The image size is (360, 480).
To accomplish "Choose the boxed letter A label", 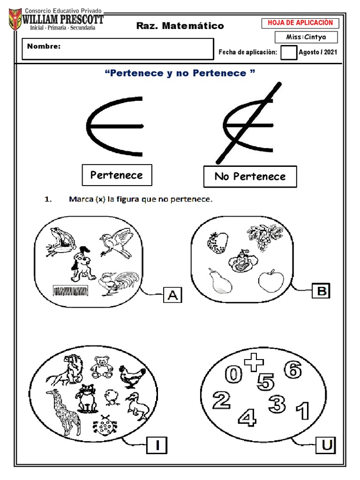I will [x=172, y=295].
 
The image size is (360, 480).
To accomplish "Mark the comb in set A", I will [x=70, y=290].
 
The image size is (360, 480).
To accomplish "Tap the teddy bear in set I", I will [x=101, y=367].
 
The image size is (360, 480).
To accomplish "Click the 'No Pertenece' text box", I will [x=250, y=177].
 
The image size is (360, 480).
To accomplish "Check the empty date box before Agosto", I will [x=289, y=52].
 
